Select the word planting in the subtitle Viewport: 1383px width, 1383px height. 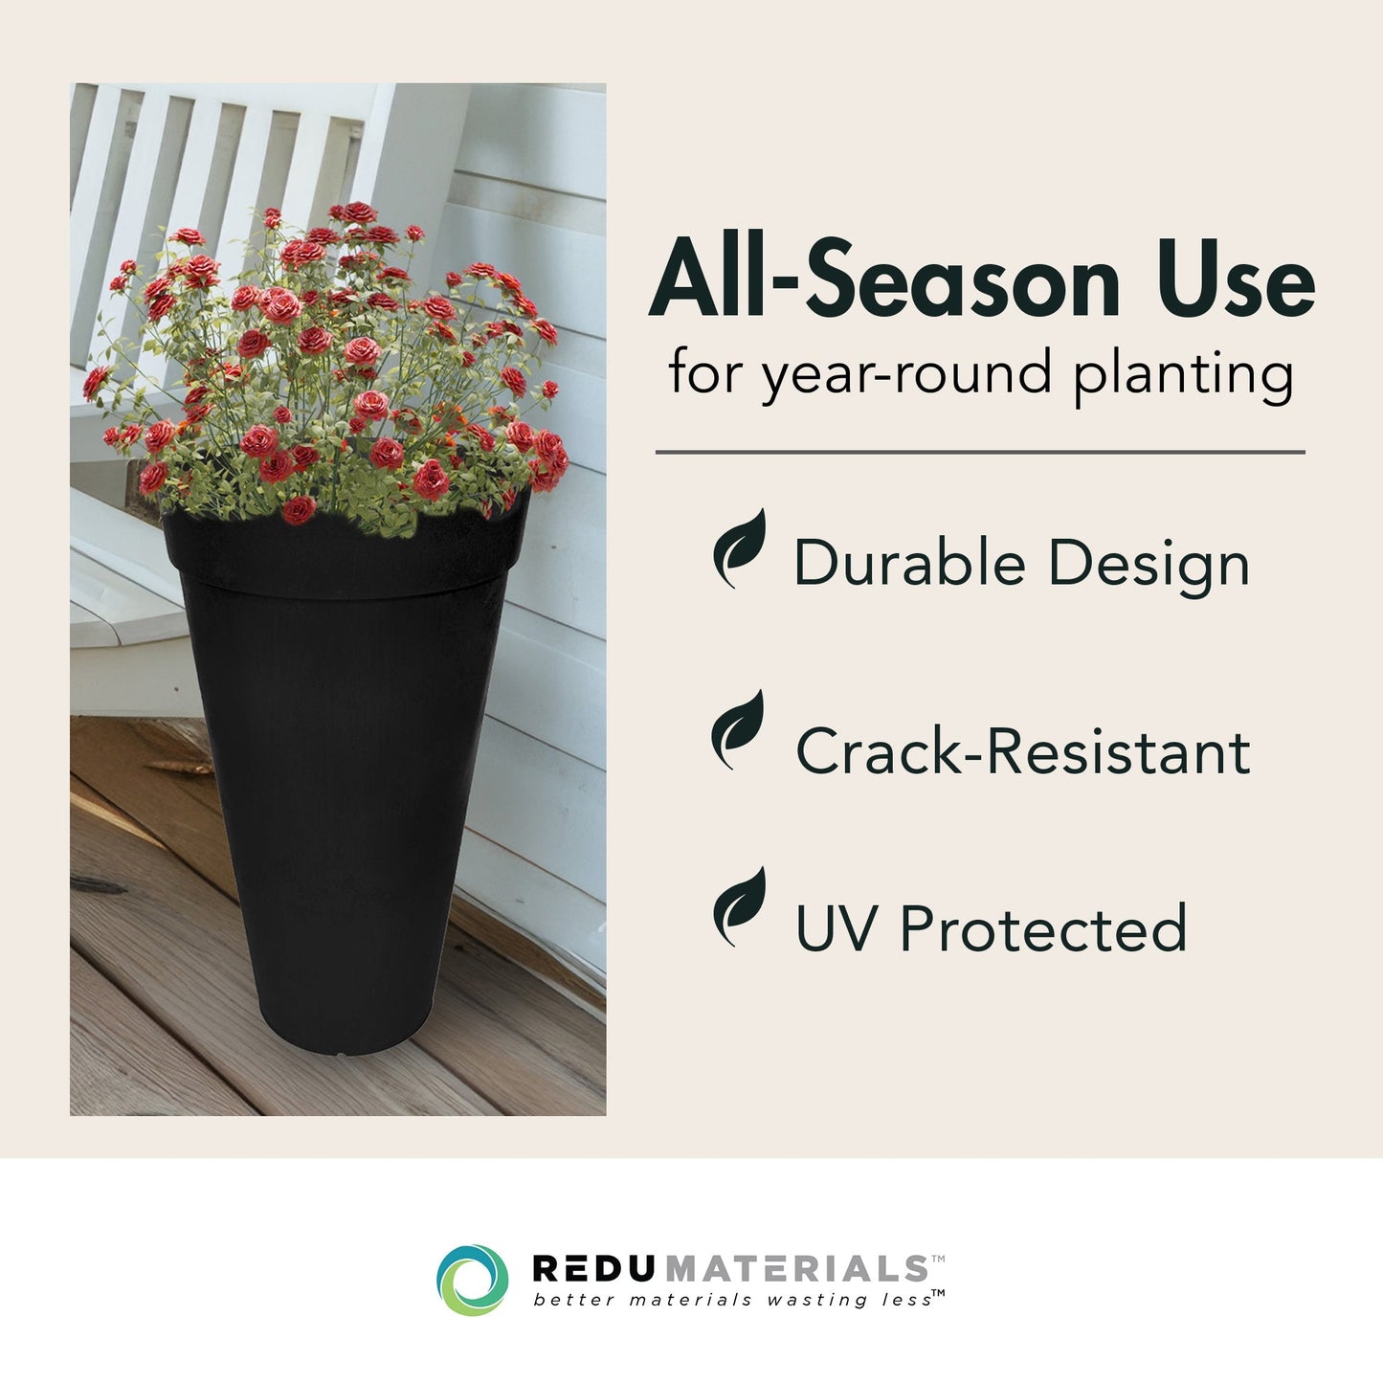pyautogui.click(x=1183, y=375)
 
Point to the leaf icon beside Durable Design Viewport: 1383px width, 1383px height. pyautogui.click(x=740, y=548)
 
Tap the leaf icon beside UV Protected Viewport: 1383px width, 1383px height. pyautogui.click(x=740, y=907)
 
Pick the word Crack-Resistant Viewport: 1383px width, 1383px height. pyautogui.click(x=1022, y=751)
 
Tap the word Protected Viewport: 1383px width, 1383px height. pyautogui.click(x=1043, y=928)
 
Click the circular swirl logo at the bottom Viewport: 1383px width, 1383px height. pyautogui.click(x=472, y=1280)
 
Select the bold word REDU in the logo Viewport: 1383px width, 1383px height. pyautogui.click(x=594, y=1268)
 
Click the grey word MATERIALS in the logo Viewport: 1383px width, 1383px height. pyautogui.click(x=795, y=1268)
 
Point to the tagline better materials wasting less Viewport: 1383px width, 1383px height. pyautogui.click(x=733, y=1300)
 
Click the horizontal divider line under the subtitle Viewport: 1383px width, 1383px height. pyautogui.click(x=979, y=452)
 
